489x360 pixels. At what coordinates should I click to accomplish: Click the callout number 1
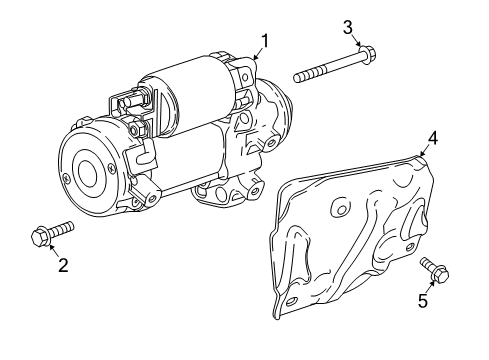tap(265, 40)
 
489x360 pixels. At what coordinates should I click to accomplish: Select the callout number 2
tap(62, 265)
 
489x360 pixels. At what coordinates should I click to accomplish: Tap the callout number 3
tap(349, 25)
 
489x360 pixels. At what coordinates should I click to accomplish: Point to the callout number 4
tap(433, 138)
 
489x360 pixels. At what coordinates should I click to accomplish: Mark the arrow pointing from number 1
tap(257, 55)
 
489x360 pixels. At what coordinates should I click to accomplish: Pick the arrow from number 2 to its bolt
tap(54, 250)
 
